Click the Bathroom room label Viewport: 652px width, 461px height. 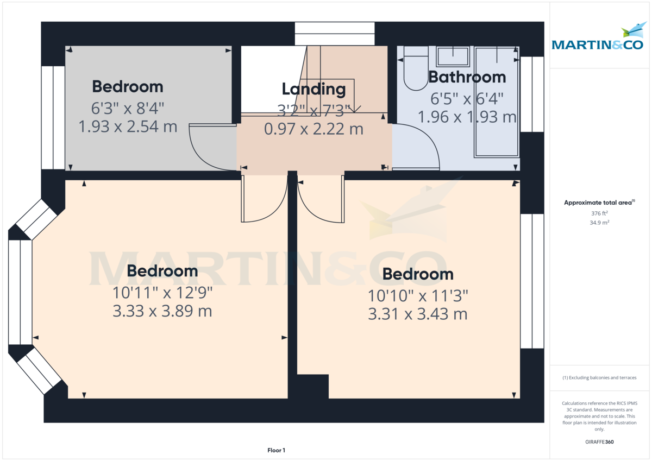[467, 77]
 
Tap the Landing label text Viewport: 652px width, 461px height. [314, 89]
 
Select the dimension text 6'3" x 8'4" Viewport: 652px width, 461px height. [128, 108]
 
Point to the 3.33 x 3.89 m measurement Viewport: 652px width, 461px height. [162, 311]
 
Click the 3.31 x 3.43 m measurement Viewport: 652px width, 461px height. [417, 314]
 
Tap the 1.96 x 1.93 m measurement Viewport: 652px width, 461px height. [467, 116]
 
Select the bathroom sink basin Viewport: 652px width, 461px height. [453, 56]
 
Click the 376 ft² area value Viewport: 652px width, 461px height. [599, 213]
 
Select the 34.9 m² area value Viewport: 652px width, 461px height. [599, 223]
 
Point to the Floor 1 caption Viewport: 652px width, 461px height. [276, 450]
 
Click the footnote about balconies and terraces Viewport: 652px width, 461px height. [599, 377]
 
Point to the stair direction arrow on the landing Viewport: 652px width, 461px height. [354, 109]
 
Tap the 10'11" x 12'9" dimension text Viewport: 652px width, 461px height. [162, 293]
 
